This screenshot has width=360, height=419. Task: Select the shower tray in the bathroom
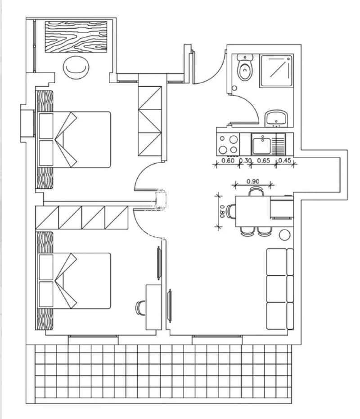[277, 71]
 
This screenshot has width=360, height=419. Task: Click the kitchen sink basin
[261, 144]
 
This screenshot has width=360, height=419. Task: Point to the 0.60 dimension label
[228, 160]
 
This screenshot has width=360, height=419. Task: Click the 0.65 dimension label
[263, 160]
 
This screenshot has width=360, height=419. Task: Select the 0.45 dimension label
[284, 160]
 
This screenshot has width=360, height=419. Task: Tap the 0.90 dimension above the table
[253, 182]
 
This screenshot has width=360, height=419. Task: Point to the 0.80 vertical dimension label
[221, 211]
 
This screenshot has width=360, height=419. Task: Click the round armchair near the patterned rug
[76, 67]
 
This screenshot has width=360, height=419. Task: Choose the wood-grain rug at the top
[76, 37]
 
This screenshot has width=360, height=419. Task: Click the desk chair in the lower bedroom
[141, 308]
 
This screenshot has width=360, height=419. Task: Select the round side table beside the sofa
[284, 235]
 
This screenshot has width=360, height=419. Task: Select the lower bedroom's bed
[73, 281]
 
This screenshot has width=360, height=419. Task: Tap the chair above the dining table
[256, 192]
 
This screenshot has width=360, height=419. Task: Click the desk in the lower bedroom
[154, 308]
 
